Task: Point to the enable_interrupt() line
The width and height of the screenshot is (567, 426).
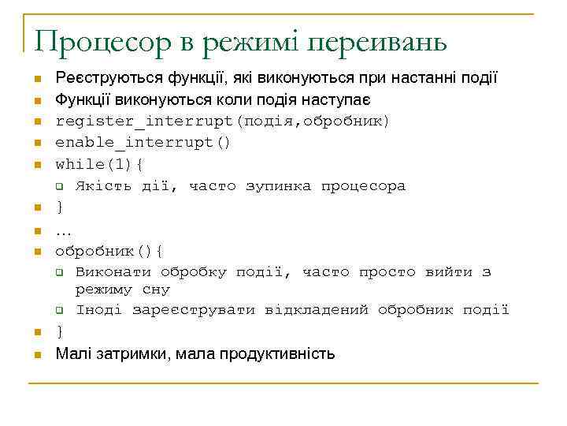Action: (x=143, y=143)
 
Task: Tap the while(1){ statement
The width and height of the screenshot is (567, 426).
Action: (x=98, y=164)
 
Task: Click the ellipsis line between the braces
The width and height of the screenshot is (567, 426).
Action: (x=63, y=230)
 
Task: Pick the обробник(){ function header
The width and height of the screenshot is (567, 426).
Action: (x=109, y=252)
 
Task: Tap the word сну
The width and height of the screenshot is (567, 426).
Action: (x=155, y=290)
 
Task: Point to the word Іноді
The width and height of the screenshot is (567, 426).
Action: (x=99, y=310)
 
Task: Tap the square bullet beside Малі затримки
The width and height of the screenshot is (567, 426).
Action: (x=36, y=354)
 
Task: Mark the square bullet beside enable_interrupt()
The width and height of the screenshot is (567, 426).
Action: (x=36, y=144)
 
